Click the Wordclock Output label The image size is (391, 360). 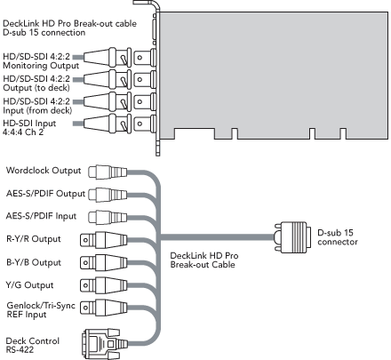pyautogui.click(x=44, y=171)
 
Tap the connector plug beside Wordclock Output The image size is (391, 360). pyautogui.click(x=108, y=172)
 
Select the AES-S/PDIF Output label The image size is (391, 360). pyautogui.click(x=45, y=194)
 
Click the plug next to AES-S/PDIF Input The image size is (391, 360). pyautogui.click(x=108, y=217)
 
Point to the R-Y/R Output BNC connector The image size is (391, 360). pyautogui.click(x=104, y=240)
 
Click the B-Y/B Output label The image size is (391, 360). pyautogui.click(x=34, y=262)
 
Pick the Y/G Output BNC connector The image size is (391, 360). pyautogui.click(x=104, y=285)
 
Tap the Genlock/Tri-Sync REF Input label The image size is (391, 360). pyautogui.click(x=41, y=309)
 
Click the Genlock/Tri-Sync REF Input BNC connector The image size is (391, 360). pyautogui.click(x=104, y=308)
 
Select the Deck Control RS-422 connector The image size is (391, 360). pyautogui.click(x=105, y=344)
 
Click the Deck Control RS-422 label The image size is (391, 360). pyautogui.click(x=33, y=345)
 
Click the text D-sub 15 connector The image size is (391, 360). pyautogui.click(x=338, y=237)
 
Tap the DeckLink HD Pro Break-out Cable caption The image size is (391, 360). pyautogui.click(x=204, y=260)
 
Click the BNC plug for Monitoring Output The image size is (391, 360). pyautogui.click(x=108, y=58)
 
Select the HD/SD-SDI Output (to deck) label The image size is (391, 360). pyautogui.click(x=36, y=84)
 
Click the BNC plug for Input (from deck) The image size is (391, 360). pyautogui.click(x=108, y=102)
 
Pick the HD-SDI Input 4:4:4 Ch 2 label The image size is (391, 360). pyautogui.click(x=29, y=128)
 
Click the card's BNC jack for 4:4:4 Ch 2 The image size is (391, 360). pyautogui.click(x=145, y=124)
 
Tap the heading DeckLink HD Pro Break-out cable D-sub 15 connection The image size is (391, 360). pyautogui.click(x=69, y=28)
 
